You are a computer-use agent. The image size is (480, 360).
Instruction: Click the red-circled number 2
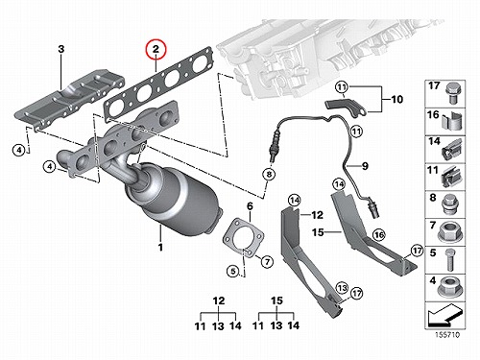click(156, 50)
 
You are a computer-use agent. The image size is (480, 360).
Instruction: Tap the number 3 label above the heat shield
click(60, 49)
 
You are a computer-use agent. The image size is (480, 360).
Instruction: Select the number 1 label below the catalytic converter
click(160, 247)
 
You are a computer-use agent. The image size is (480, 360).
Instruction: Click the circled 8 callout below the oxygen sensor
click(269, 174)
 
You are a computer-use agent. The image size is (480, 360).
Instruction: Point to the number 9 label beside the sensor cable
click(365, 166)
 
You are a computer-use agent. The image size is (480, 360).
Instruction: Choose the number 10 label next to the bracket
click(396, 99)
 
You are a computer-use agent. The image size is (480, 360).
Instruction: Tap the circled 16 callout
click(378, 235)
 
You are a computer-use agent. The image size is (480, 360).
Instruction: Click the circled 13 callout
click(342, 288)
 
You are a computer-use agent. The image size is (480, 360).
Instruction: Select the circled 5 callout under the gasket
click(233, 272)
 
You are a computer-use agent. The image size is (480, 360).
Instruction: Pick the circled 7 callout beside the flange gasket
click(267, 262)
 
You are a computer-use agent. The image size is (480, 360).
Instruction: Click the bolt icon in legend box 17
click(452, 93)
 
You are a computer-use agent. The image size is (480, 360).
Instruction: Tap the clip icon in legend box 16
click(452, 122)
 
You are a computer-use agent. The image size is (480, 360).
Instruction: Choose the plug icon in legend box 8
click(450, 205)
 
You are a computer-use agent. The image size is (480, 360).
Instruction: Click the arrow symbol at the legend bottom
click(444, 314)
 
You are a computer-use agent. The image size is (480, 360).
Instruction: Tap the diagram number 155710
click(447, 335)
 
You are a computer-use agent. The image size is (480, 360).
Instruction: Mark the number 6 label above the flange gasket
click(250, 206)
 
